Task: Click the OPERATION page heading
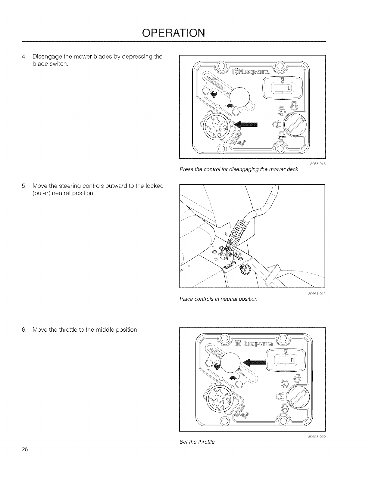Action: tap(174, 33)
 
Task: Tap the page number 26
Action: tap(25, 449)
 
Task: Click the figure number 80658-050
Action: tap(317, 437)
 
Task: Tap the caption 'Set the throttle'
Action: tap(197, 442)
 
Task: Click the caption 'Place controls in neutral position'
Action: tap(218, 299)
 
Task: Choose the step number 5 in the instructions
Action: tap(24, 186)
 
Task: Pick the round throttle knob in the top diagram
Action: tap(240, 97)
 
